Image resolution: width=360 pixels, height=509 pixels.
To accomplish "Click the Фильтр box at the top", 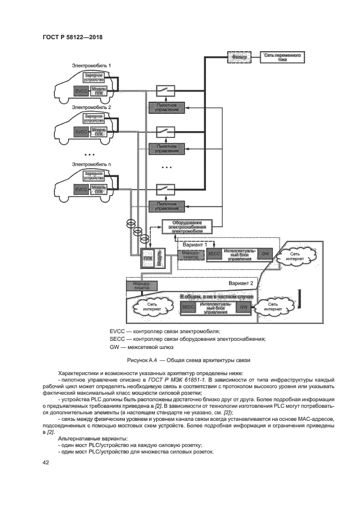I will coord(239,56).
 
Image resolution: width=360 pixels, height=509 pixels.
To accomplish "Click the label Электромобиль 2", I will coord(91,108).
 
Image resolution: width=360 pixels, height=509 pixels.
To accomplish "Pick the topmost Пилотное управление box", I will coord(167,107).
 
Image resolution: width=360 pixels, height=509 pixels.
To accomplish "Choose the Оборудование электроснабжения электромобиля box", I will coord(187,226).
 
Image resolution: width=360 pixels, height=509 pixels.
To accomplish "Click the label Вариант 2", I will coord(241,284).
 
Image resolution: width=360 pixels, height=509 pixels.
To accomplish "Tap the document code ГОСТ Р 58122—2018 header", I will coord(72,38).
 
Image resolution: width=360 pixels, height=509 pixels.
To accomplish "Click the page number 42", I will coord(46,462).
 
